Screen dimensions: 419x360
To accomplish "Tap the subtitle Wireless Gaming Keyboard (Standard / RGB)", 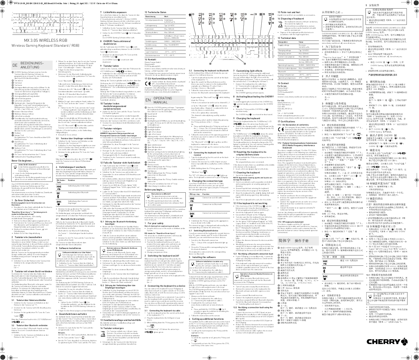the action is pyautogui.click(x=41, y=46).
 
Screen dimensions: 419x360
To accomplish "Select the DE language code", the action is pyautogui.click(x=15, y=65).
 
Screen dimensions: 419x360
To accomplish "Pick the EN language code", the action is pyautogui.click(x=148, y=100).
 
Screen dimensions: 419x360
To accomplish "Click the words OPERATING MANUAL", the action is pyautogui.click(x=163, y=100).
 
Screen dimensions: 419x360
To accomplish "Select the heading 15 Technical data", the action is pyautogui.click(x=287, y=38).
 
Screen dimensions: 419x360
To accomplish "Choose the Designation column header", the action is pyautogui.click(x=283, y=42).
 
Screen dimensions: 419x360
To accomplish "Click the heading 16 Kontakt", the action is pyautogui.click(x=150, y=59).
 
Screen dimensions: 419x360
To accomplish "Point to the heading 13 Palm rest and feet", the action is pyautogui.click(x=289, y=12).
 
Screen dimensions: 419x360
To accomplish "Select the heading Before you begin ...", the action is pyautogui.click(x=155, y=189).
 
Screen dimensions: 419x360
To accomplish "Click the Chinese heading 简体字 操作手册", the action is pyautogui.click(x=293, y=241).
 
